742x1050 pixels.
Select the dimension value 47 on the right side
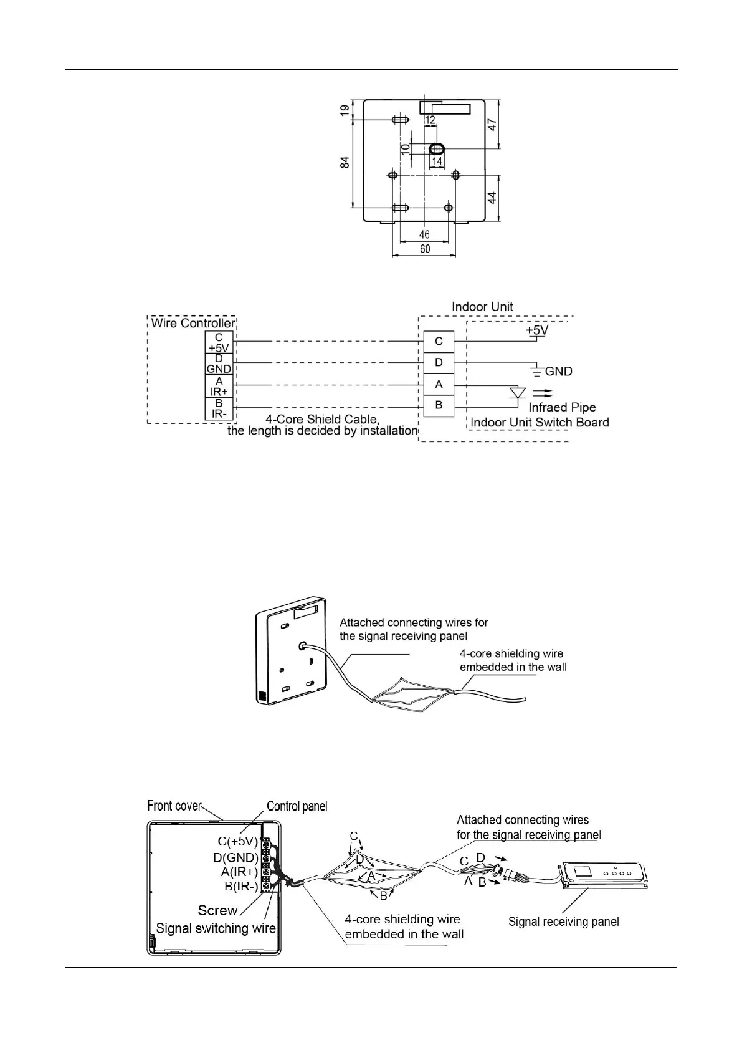pyautogui.click(x=492, y=123)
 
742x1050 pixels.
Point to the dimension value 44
pyautogui.click(x=492, y=198)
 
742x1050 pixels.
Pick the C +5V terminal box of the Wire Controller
pyautogui.click(x=219, y=342)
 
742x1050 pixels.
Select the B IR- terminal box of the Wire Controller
pyautogui.click(x=219, y=408)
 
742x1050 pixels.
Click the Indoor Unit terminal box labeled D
pyautogui.click(x=439, y=362)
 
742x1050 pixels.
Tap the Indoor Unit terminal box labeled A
pyautogui.click(x=439, y=385)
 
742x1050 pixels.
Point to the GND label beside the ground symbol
pyautogui.click(x=558, y=372)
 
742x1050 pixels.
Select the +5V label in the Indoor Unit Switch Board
pyautogui.click(x=536, y=329)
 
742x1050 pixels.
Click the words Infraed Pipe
pyautogui.click(x=562, y=407)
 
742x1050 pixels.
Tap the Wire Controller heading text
pyautogui.click(x=193, y=323)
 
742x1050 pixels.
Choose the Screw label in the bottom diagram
pyautogui.click(x=217, y=910)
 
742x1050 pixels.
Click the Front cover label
pyautogui.click(x=174, y=806)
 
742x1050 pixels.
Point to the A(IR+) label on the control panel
pyautogui.click(x=239, y=872)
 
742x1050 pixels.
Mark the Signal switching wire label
pyautogui.click(x=216, y=928)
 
